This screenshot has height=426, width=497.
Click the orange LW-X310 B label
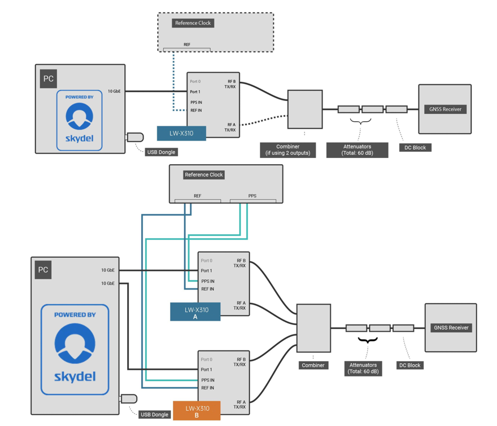pos(197,411)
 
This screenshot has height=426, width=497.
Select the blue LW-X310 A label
pos(195,312)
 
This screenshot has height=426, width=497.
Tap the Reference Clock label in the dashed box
pos(193,23)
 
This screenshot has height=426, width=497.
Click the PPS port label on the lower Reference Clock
pos(252,196)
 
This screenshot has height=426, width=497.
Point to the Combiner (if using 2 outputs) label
pos(288,150)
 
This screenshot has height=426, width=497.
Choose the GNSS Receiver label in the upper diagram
pos(446,109)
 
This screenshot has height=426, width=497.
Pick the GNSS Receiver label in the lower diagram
pos(451,328)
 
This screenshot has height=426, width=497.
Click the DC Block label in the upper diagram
pos(415,148)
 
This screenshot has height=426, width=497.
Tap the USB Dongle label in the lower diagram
pos(154,415)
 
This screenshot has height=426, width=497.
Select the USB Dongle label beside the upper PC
pos(162,152)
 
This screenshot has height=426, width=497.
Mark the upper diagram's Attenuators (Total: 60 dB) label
pos(357,150)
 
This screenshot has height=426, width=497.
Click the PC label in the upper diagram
pos(49,78)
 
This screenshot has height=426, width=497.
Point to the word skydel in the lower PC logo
pos(75,376)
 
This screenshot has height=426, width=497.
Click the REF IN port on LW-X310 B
pos(208,388)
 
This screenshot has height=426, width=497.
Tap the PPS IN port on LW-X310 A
pos(208,281)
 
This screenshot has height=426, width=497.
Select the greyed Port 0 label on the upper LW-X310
pos(195,81)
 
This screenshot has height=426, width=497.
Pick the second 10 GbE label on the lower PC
pos(108,283)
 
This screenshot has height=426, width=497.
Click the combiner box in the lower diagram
pos(313,328)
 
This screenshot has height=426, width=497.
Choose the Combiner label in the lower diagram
pos(313,365)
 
